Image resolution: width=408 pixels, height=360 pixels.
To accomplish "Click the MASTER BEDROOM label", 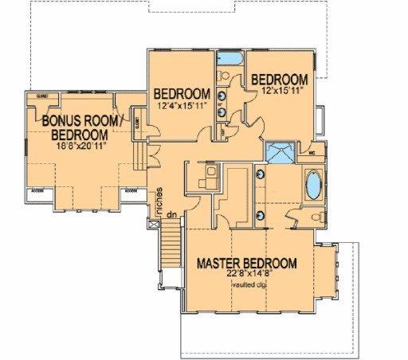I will (248, 264).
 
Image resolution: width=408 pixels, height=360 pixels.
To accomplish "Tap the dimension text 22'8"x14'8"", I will (248, 275).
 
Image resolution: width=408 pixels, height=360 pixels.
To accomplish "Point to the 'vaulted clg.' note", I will (248, 285).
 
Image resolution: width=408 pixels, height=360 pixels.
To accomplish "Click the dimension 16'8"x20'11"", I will (79, 147).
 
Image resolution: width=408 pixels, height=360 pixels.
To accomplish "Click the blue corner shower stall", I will (280, 153).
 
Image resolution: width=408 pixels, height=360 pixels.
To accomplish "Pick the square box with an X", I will (154, 226).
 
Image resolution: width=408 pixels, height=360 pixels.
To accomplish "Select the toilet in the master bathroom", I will (316, 215).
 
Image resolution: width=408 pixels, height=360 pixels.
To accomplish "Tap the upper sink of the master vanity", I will (262, 173).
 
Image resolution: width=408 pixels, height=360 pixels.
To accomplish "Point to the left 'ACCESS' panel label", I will (37, 192).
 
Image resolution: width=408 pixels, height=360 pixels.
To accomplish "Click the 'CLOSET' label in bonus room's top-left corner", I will (42, 96).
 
